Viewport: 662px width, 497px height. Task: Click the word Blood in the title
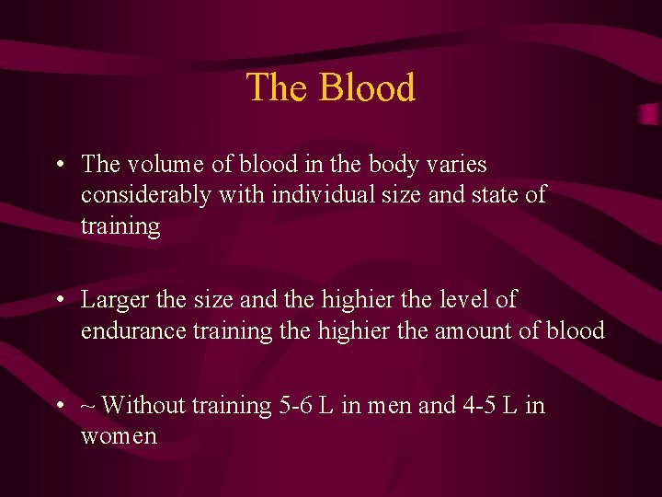367,88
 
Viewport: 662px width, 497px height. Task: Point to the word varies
456,165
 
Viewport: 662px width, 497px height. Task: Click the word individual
296,195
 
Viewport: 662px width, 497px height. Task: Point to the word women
119,435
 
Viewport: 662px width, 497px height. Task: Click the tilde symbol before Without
88,405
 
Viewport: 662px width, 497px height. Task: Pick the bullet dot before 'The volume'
59,166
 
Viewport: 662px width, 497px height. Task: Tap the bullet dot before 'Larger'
59,301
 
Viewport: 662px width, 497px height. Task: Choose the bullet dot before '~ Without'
59,406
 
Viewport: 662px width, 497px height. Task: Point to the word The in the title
278,88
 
